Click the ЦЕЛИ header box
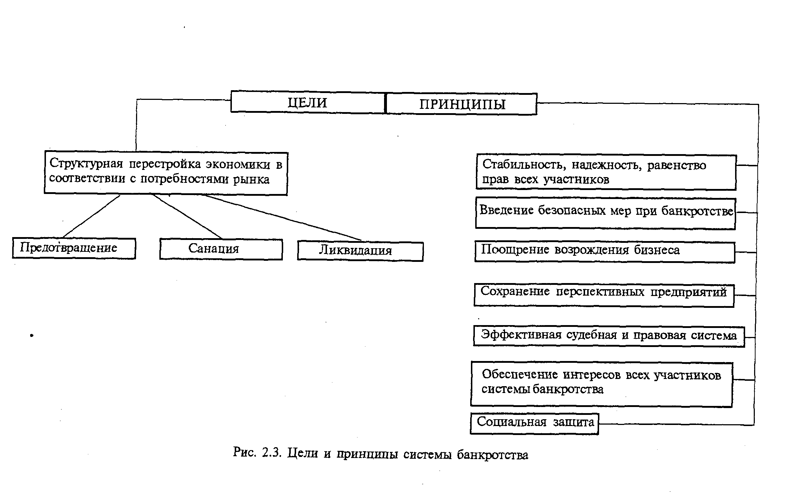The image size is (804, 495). click(x=308, y=102)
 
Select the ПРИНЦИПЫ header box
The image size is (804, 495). click(x=462, y=104)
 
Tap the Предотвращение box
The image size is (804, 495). click(x=74, y=248)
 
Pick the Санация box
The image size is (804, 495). click(x=221, y=249)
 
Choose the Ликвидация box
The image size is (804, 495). click(x=360, y=251)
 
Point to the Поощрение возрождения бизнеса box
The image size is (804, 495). click(x=604, y=252)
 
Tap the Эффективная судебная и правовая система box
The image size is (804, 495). click(x=609, y=336)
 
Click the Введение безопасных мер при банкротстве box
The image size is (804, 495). click(x=605, y=213)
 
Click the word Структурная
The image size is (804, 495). click(x=86, y=164)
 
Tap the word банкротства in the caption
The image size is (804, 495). click(x=492, y=455)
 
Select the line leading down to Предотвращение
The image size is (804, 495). click(x=92, y=216)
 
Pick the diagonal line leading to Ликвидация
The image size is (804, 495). click(x=284, y=218)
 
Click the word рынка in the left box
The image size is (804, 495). click(x=251, y=179)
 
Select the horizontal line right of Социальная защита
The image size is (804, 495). click(x=677, y=425)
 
